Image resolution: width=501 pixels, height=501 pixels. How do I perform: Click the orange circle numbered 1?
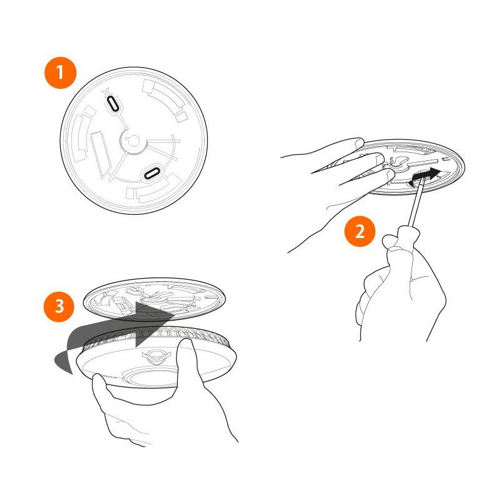click(x=60, y=72)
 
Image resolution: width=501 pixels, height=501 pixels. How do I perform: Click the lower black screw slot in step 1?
click(x=152, y=172)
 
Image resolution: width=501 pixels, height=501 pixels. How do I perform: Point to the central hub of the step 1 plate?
click(x=132, y=143)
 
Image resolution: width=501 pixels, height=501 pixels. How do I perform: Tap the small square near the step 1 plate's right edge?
click(x=182, y=117)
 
